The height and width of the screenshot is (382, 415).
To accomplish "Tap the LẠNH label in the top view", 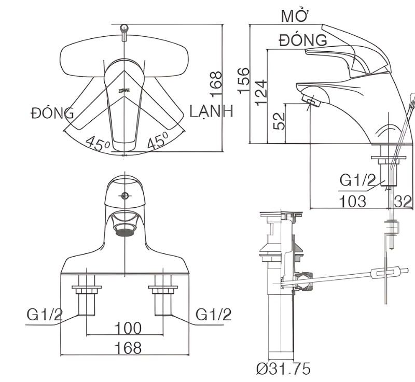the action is click(211, 111).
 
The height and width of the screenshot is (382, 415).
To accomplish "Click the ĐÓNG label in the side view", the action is click(303, 40).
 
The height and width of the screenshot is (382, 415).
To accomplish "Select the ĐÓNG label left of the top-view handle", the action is click(52, 112).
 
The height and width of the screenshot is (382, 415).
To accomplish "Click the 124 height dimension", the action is click(261, 93).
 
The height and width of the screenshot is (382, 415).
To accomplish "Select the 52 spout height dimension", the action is click(279, 121).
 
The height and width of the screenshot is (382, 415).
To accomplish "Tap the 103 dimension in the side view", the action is click(353, 202).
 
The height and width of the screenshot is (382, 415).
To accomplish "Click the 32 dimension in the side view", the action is click(403, 202).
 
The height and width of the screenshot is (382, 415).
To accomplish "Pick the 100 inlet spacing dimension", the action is click(128, 328).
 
